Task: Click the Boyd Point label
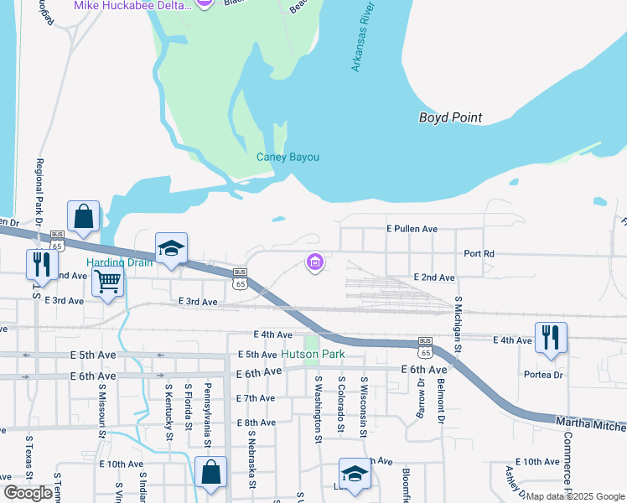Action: point(450,118)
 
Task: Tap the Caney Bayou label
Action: point(288,157)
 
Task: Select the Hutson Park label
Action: point(313,355)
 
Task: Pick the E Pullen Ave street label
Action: point(412,228)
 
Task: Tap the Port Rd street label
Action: point(479,253)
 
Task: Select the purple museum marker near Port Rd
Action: point(315,263)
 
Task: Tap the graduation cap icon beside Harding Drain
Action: point(171,248)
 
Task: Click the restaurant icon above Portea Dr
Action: point(551,337)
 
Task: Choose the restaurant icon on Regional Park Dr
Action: point(40,264)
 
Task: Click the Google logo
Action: point(28,493)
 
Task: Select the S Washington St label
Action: point(319,405)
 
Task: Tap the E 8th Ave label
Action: point(256,423)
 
